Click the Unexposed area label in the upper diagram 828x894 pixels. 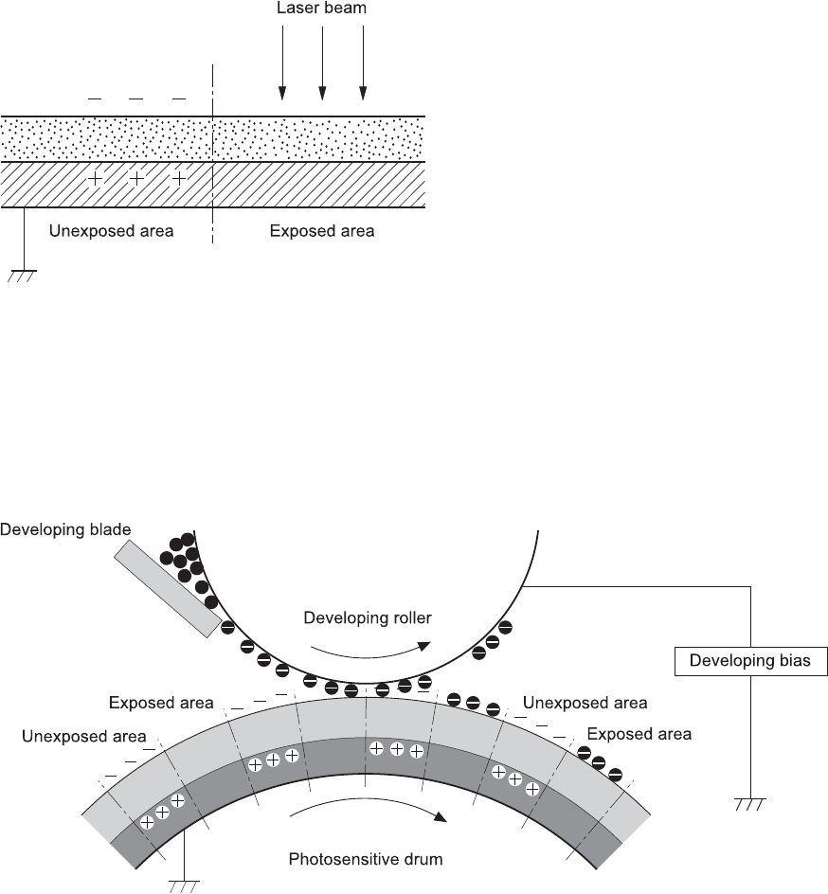[x=112, y=231]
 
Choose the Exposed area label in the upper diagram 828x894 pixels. [x=322, y=231]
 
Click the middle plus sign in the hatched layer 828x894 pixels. [x=136, y=178]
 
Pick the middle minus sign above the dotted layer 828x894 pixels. [x=135, y=98]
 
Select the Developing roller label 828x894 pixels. [x=368, y=618]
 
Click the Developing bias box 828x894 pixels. [x=749, y=661]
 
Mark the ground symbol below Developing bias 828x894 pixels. [x=749, y=806]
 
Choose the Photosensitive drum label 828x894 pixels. [x=367, y=860]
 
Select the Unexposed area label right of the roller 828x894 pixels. [x=585, y=703]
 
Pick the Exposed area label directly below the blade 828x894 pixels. [x=161, y=704]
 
